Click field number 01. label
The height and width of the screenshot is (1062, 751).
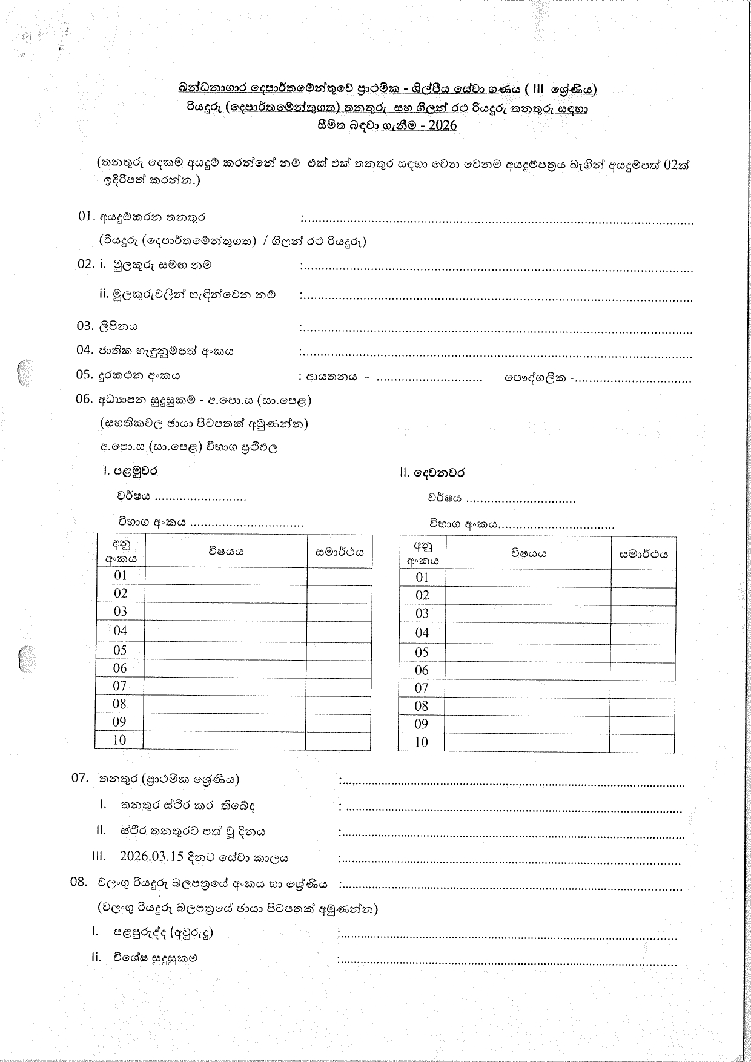pyautogui.click(x=87, y=216)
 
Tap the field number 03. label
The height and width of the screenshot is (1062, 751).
pyautogui.click(x=84, y=326)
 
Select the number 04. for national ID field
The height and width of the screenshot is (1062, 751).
pyautogui.click(x=84, y=350)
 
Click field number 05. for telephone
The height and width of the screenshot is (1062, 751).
pyautogui.click(x=84, y=374)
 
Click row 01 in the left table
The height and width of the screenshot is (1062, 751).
pyautogui.click(x=121, y=575)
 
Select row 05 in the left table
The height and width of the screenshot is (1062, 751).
pyautogui.click(x=120, y=650)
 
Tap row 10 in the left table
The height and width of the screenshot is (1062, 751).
pyautogui.click(x=119, y=740)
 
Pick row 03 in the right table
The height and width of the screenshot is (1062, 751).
pyautogui.click(x=422, y=613)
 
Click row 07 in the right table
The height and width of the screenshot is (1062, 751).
pyautogui.click(x=422, y=688)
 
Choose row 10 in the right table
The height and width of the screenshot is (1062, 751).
pyautogui.click(x=422, y=742)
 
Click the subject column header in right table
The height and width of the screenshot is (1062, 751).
pyautogui.click(x=529, y=553)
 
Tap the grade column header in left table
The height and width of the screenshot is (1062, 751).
pyautogui.click(x=340, y=551)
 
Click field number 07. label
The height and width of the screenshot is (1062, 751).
pyautogui.click(x=80, y=778)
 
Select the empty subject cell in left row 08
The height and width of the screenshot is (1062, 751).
pyautogui.click(x=225, y=704)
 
